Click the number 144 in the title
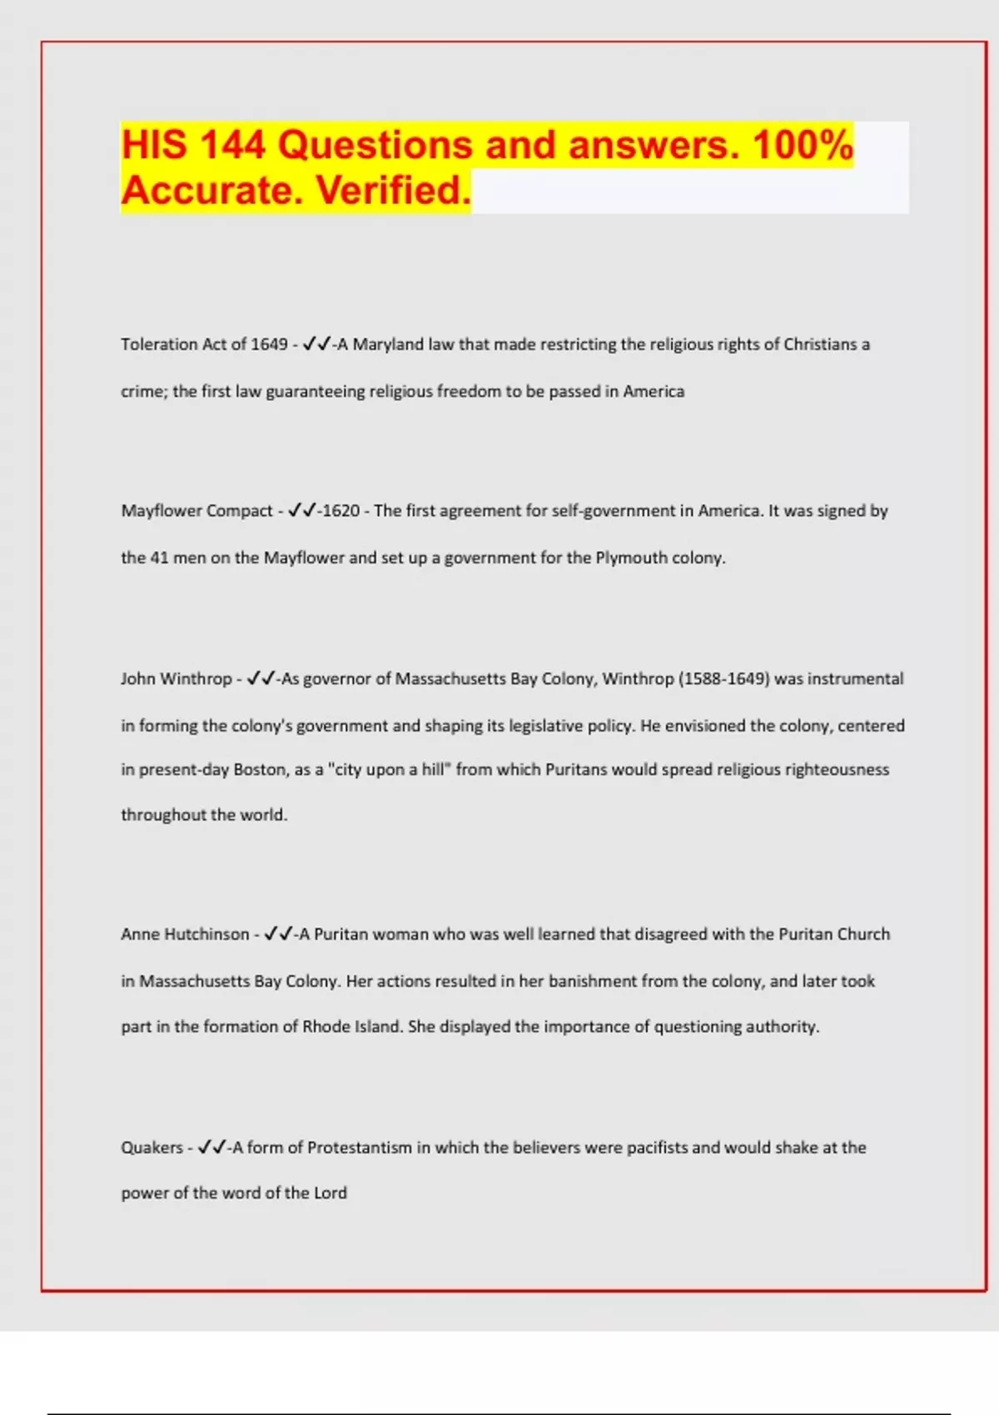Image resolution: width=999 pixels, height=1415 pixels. [x=231, y=145]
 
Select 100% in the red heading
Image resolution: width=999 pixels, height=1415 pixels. [x=803, y=145]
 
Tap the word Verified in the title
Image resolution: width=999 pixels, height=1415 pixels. [x=393, y=191]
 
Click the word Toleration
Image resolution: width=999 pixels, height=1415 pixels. [x=160, y=345]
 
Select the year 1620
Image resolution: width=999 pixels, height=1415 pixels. [x=341, y=511]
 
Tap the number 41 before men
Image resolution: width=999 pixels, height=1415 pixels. [x=159, y=558]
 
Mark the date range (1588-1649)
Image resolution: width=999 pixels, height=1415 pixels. [x=724, y=679]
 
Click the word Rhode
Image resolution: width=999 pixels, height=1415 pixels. [x=326, y=1027]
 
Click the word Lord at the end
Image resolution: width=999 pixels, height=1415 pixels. [x=331, y=1194]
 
